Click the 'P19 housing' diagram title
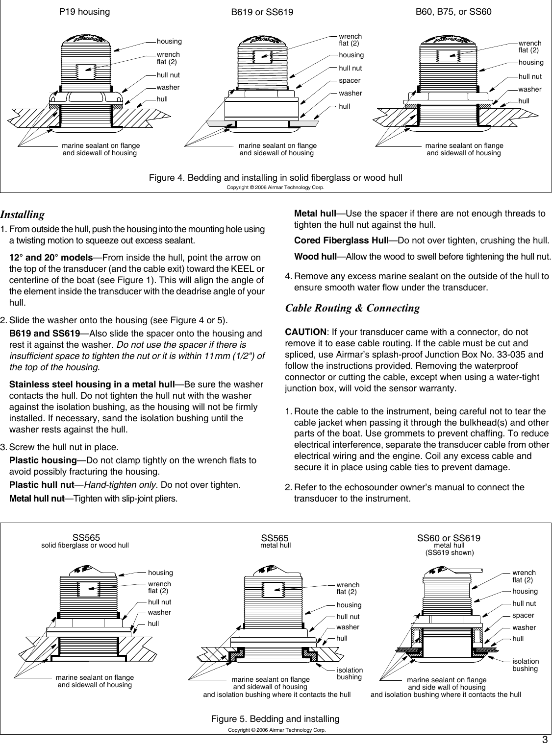click(84, 11)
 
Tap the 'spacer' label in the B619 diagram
click(350, 80)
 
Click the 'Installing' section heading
click(23, 215)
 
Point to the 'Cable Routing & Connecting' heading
click(352, 308)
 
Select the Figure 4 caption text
click(276, 177)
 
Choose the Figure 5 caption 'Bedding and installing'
click(275, 719)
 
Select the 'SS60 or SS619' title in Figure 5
click(449, 538)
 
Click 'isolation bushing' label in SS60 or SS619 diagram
click(525, 665)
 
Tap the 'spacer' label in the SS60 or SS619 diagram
click(523, 615)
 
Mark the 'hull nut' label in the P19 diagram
click(168, 75)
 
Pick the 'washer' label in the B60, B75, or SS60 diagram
click(530, 89)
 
